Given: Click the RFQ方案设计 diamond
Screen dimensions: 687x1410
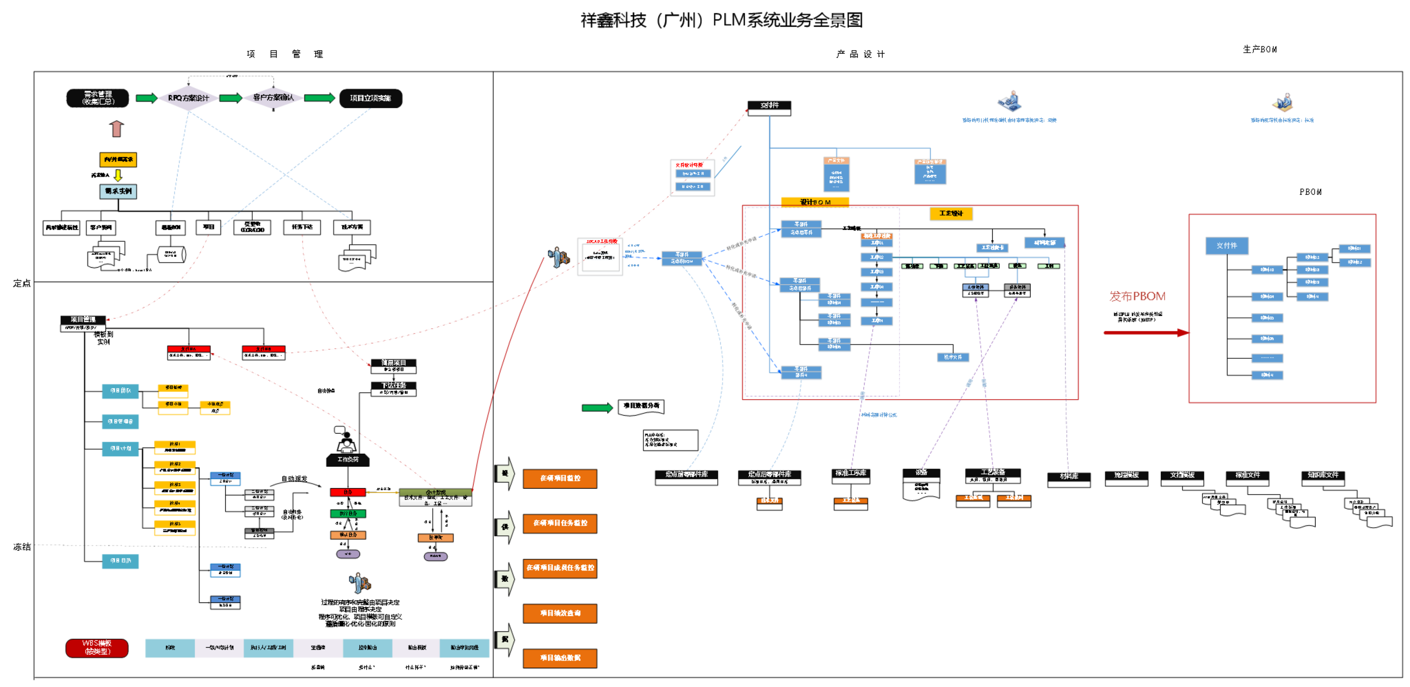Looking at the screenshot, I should point(188,98).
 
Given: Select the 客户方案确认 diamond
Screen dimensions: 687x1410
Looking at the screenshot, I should point(273,97).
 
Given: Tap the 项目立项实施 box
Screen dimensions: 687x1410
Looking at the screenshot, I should point(371,98).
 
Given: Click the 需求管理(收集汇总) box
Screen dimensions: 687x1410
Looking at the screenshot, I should point(98,98).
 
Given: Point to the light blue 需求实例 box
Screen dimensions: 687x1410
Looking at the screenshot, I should point(118,191).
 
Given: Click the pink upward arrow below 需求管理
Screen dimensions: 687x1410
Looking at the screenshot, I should point(116,128).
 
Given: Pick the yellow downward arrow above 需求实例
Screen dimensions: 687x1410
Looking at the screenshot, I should point(118,175).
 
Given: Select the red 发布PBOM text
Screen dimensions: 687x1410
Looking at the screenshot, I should point(1137,296).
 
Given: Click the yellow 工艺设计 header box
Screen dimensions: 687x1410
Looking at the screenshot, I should point(951,213).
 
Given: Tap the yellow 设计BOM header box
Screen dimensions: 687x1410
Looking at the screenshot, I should point(815,202).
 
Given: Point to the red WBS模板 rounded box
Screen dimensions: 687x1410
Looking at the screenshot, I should point(97,648).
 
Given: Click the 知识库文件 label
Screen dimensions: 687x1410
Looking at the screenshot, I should point(1322,475).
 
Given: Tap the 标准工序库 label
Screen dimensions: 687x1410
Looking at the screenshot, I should point(851,473).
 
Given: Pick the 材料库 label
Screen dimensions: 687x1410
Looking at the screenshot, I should point(1068,476).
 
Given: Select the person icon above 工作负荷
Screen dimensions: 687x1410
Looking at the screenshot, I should point(347,446).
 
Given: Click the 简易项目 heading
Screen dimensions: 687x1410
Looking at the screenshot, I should point(394,363).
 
